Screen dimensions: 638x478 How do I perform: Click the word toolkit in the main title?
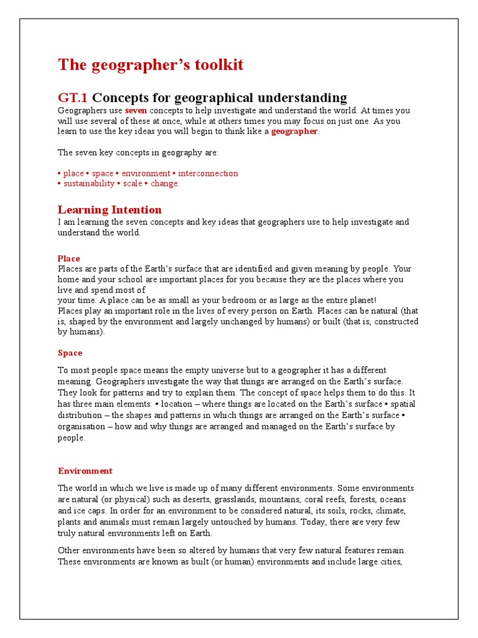[215, 65]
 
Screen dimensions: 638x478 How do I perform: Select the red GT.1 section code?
[73, 97]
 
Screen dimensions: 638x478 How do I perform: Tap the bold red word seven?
[136, 110]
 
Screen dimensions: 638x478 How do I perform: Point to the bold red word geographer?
[294, 131]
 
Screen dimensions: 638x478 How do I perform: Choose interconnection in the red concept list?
[208, 173]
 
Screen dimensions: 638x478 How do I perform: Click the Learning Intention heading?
[110, 209]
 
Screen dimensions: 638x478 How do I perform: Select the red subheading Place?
[69, 259]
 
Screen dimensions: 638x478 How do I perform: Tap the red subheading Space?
[70, 353]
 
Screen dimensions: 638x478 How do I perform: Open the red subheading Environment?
[85, 471]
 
